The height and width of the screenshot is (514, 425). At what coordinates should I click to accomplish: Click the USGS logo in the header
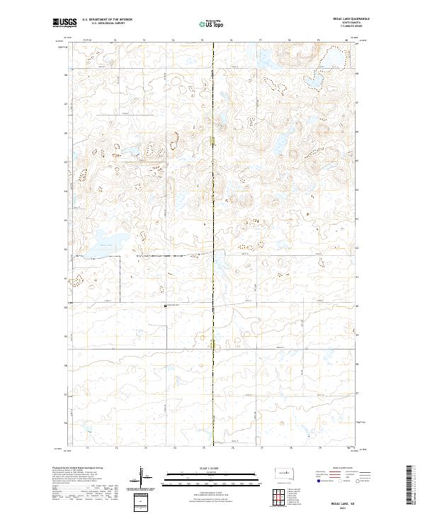point(65,23)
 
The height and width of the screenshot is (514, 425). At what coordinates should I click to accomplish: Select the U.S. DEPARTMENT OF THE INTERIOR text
point(106,19)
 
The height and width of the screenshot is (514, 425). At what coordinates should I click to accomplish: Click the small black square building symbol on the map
point(166,306)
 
